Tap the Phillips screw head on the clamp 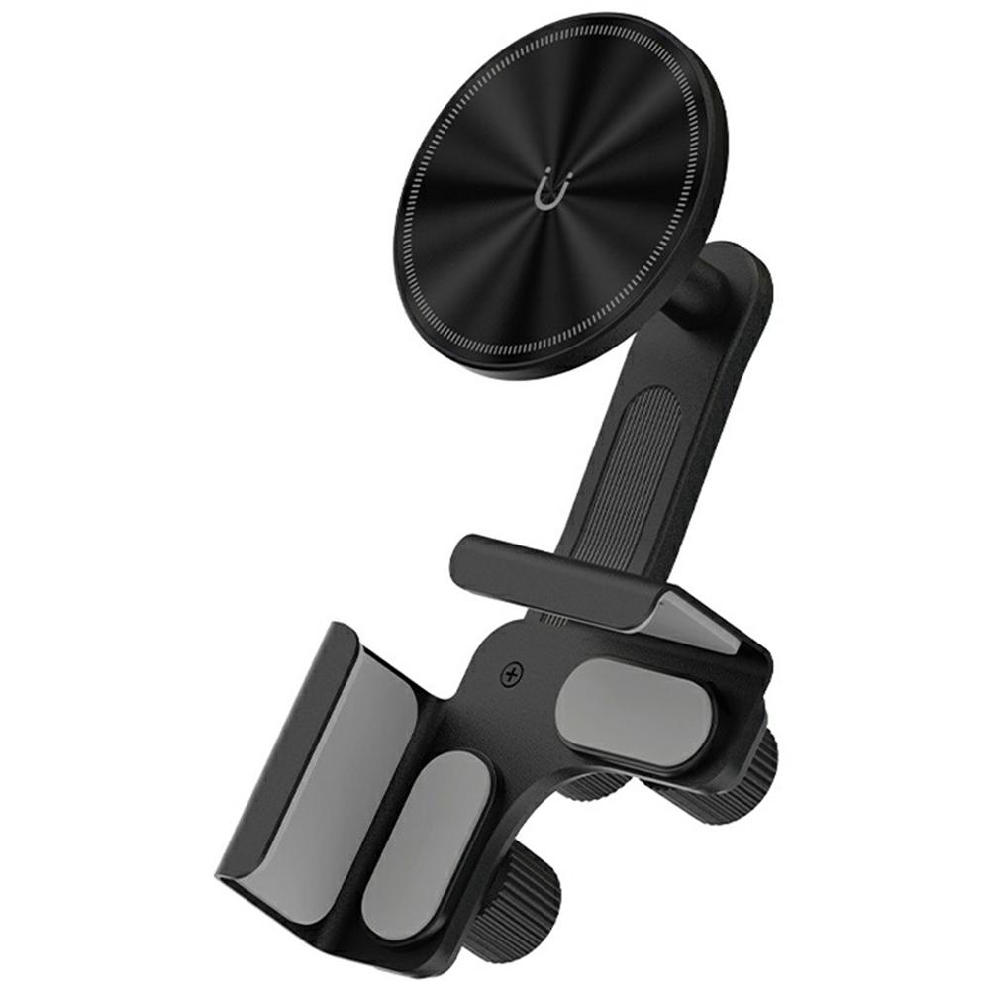click(512, 675)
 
